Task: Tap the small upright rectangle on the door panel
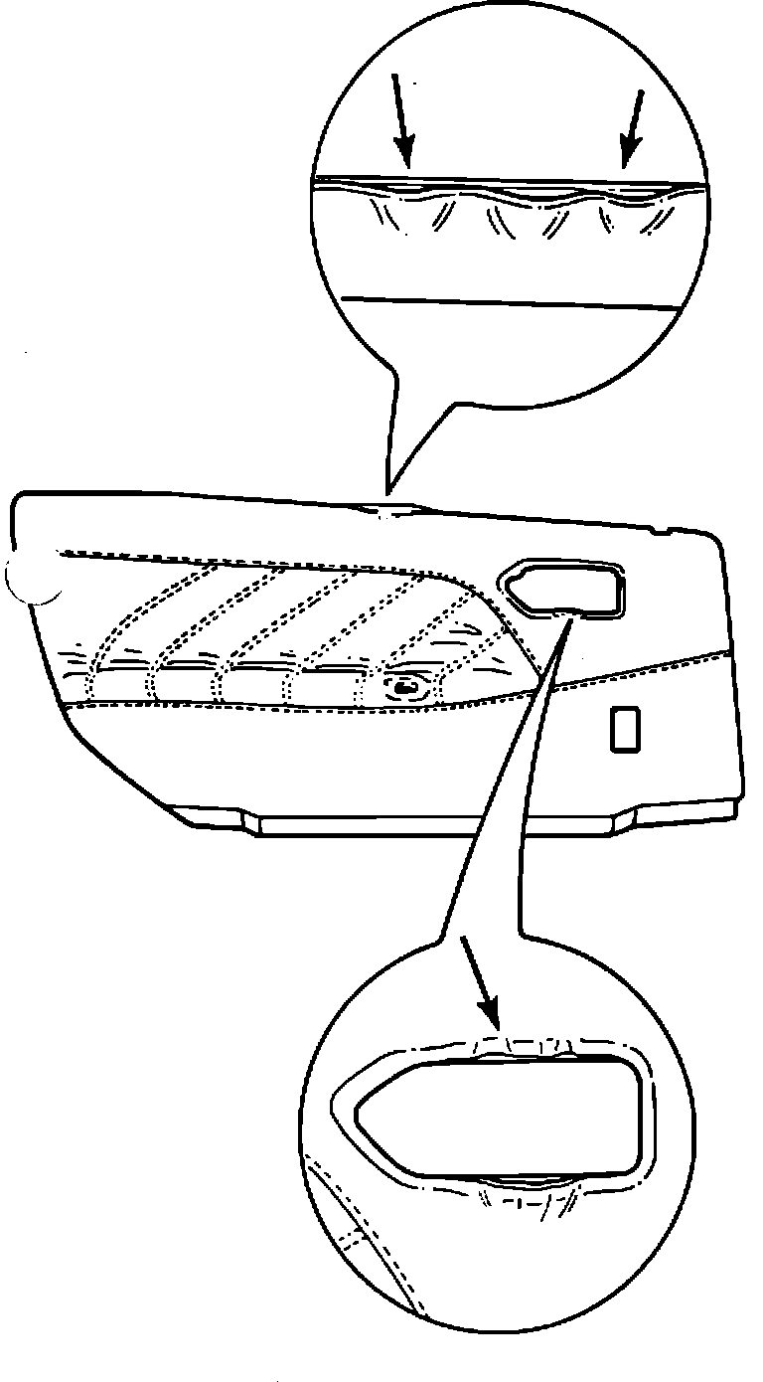point(625,729)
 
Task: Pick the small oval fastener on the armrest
point(405,686)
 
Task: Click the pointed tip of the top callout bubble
point(388,490)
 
